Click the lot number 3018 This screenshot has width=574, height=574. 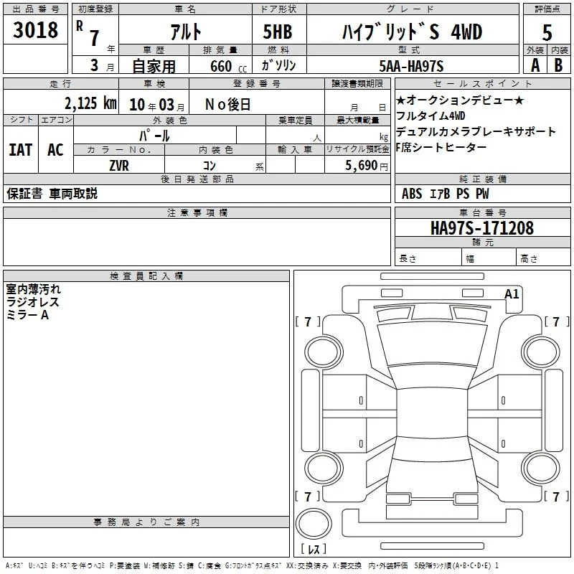35,29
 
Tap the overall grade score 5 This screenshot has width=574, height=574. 547,32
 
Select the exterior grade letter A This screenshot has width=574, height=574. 535,65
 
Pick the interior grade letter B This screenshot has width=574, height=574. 558,65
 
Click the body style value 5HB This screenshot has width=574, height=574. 278,32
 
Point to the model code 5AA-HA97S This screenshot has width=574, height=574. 411,66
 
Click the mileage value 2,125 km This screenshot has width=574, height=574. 90,103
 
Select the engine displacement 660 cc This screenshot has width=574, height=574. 228,67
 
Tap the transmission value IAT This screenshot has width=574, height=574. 21,150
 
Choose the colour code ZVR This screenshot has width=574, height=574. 119,166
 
